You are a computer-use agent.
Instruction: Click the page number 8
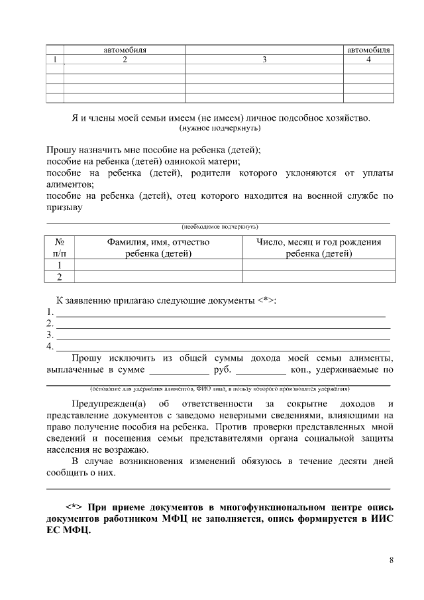pyautogui.click(x=392, y=560)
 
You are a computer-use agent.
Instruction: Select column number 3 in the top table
pyautogui.click(x=264, y=60)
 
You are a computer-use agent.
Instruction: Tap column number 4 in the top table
pyautogui.click(x=368, y=60)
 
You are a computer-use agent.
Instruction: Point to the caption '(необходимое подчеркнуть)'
pyautogui.click(x=219, y=226)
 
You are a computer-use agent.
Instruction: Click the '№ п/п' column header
pyautogui.click(x=59, y=247)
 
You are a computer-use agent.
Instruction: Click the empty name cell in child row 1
pyautogui.click(x=158, y=265)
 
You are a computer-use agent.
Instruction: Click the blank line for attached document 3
pyautogui.click(x=223, y=335)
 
